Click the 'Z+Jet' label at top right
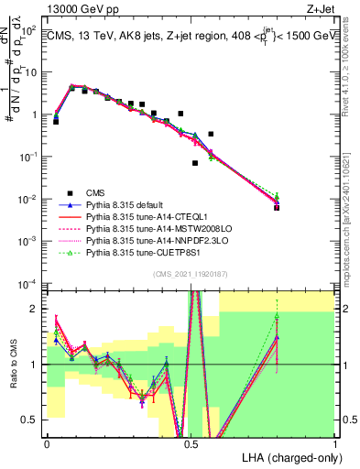click(x=321, y=7)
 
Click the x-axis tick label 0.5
click(x=191, y=443)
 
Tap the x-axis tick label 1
click(x=334, y=443)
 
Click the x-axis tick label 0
click(x=47, y=443)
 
